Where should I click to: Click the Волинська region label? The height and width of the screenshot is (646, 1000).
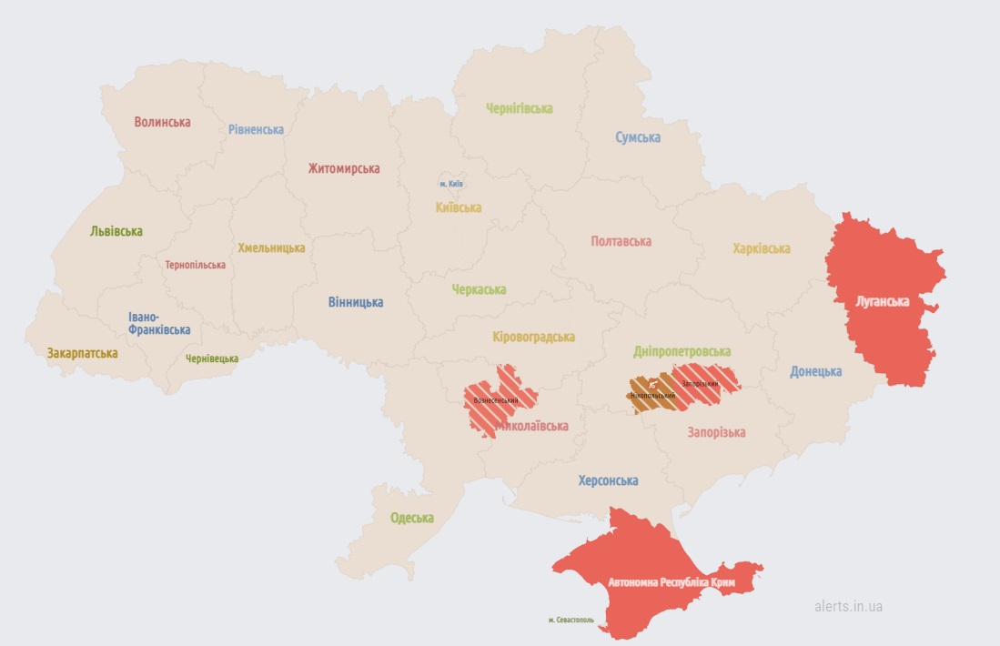pyautogui.click(x=162, y=122)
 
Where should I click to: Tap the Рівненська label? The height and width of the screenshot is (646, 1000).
pyautogui.click(x=256, y=129)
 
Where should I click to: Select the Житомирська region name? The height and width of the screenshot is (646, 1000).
pyautogui.click(x=344, y=168)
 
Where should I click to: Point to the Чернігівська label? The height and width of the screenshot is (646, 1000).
pyautogui.click(x=519, y=108)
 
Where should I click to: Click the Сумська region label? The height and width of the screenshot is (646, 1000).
pyautogui.click(x=638, y=137)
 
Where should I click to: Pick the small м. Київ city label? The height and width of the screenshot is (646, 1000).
pyautogui.click(x=451, y=184)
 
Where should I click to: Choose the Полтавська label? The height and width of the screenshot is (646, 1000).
pyautogui.click(x=621, y=241)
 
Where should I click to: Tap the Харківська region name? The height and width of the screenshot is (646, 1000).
pyautogui.click(x=762, y=248)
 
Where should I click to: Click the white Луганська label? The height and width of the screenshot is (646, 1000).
pyautogui.click(x=882, y=301)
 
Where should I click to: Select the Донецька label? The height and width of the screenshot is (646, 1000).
pyautogui.click(x=815, y=371)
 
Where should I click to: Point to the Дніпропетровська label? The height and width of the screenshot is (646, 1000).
pyautogui.click(x=682, y=351)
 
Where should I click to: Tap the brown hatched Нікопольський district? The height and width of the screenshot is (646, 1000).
pyautogui.click(x=652, y=396)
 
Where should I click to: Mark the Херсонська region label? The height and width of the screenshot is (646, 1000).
pyautogui.click(x=608, y=480)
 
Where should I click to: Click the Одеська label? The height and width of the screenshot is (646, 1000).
pyautogui.click(x=412, y=518)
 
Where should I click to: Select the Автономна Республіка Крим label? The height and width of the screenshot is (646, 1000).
pyautogui.click(x=671, y=580)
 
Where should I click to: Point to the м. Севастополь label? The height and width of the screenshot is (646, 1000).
pyautogui.click(x=571, y=621)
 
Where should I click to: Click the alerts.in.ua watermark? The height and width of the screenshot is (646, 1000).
pyautogui.click(x=848, y=606)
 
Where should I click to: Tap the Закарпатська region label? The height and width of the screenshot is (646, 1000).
pyautogui.click(x=82, y=353)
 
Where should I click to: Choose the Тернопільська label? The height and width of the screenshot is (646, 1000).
pyautogui.click(x=195, y=265)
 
